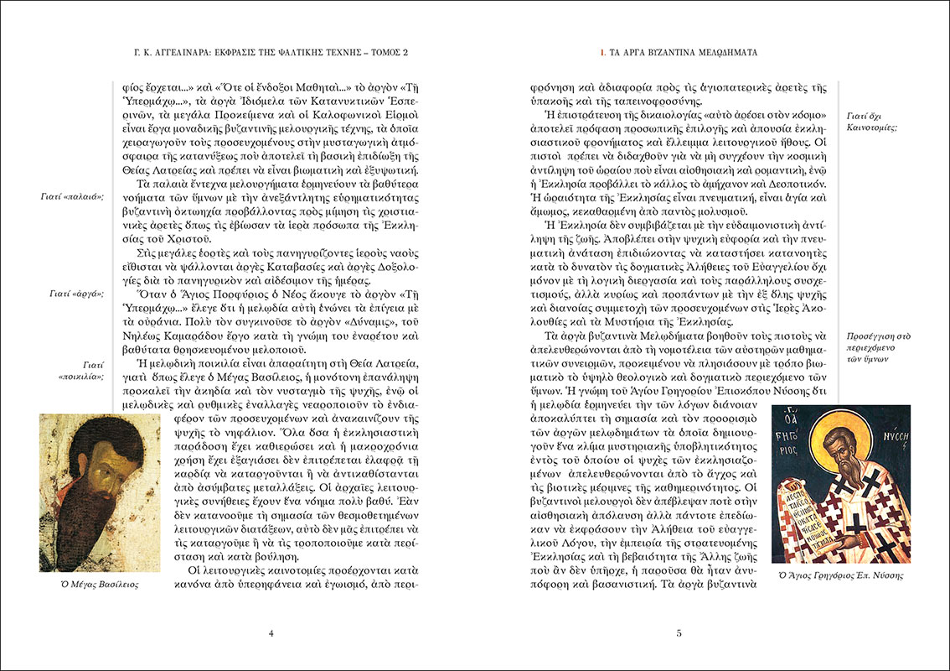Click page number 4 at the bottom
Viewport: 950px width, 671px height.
click(x=271, y=632)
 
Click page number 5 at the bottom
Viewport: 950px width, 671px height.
click(x=679, y=632)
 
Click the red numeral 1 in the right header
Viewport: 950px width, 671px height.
click(x=601, y=52)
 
